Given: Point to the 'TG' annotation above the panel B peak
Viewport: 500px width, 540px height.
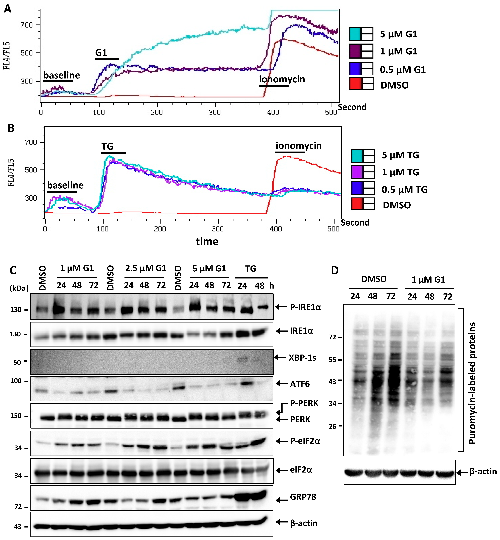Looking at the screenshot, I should point(107,147).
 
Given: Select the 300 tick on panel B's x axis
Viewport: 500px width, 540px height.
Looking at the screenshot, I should point(218,229).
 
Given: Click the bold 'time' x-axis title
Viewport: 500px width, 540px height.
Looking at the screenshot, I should point(207,241).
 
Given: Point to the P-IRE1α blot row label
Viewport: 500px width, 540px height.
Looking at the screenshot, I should point(305,307).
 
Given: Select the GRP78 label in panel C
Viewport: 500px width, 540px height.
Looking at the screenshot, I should point(303,497).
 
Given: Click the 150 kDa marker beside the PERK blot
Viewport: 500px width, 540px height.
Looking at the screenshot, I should point(16,416).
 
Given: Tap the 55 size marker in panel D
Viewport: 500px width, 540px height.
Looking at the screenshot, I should point(333,360).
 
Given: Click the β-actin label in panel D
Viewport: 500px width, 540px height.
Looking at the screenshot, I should point(483,472).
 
